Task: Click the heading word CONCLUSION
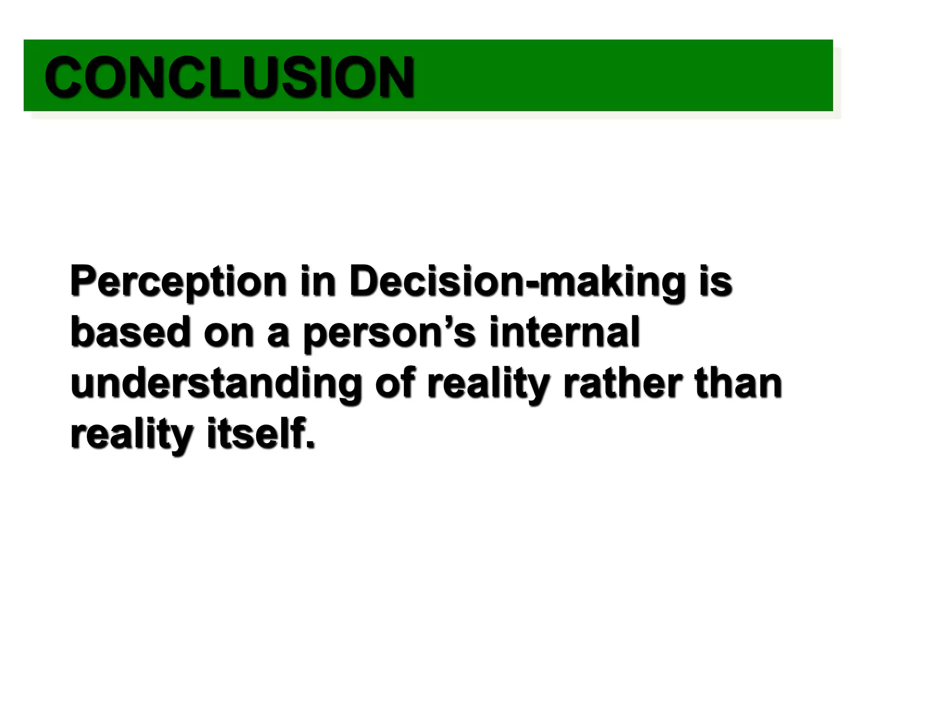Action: pyautogui.click(x=229, y=77)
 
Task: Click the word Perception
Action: pyautogui.click(x=178, y=281)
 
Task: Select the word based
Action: pyautogui.click(x=131, y=332)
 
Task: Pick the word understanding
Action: pyautogui.click(x=216, y=384)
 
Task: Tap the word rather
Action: pyautogui.click(x=623, y=383)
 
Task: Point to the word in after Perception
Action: pyautogui.click(x=317, y=281)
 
